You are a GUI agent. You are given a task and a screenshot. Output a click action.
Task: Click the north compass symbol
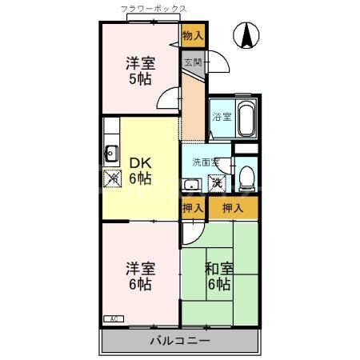pos(246,34)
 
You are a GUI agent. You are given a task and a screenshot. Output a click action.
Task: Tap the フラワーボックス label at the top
pos(154,9)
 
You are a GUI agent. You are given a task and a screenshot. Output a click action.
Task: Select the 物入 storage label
pos(193,34)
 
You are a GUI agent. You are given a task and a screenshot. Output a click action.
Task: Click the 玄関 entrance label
pos(193,61)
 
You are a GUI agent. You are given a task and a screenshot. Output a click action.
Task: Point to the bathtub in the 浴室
pos(245,118)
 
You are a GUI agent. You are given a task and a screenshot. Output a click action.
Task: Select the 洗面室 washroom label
pos(205,161)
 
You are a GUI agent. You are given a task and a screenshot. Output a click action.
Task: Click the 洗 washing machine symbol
pos(217,183)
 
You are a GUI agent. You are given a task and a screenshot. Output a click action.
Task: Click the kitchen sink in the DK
pos(111,154)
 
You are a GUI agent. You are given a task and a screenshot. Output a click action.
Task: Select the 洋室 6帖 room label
pos(139,276)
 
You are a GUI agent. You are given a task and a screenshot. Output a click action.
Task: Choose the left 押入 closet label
pos(193,208)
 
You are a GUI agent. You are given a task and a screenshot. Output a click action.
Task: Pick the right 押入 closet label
pos(233,208)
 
